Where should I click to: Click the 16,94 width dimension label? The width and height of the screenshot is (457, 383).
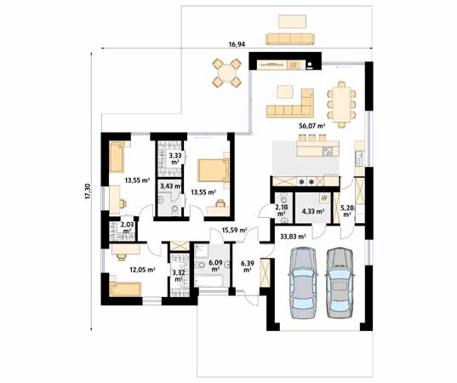point(237,44)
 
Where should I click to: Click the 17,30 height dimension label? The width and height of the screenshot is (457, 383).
point(88,191)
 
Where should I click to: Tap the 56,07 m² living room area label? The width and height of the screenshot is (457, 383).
point(311,126)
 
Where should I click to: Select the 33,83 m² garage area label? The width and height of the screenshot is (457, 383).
point(293,237)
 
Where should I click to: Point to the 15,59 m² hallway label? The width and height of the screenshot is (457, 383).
point(235,230)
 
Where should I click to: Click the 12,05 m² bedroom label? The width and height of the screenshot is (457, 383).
point(142,270)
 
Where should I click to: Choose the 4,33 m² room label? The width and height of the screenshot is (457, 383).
point(313,211)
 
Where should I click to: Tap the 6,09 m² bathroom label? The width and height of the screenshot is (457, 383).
point(215,266)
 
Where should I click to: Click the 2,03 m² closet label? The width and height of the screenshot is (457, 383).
point(127,227)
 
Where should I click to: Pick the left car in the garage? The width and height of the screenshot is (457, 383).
point(302,283)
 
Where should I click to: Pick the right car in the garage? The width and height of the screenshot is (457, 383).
point(340,283)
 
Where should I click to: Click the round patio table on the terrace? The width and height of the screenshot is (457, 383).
point(226,72)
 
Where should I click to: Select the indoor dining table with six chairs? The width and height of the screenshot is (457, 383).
point(341,105)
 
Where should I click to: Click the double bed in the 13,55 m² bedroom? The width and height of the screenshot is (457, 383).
point(213,170)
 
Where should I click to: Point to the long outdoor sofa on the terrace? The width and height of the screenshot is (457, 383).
point(290,39)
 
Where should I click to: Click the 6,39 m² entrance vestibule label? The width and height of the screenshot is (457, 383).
point(247,266)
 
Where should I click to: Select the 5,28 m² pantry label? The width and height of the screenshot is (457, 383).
point(347,211)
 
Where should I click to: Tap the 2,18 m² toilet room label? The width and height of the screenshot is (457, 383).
point(281,210)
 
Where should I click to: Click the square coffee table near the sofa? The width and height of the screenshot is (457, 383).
point(285,92)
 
